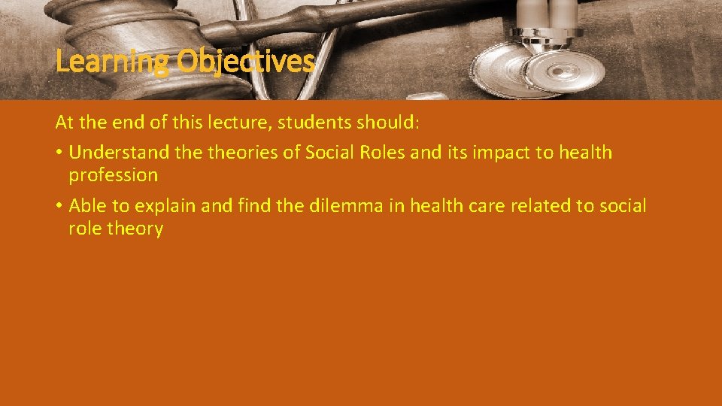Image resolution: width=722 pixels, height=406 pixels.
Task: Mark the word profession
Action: [113, 175]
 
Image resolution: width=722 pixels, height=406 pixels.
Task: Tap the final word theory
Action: [135, 229]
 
